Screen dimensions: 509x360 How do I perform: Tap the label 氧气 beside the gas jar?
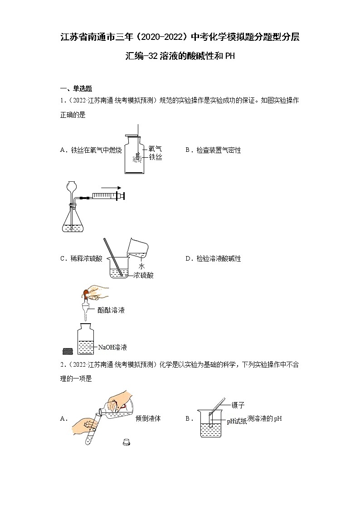(x=155, y=149)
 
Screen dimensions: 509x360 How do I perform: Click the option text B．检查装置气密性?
(x=213, y=150)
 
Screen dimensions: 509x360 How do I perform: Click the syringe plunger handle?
(x=121, y=196)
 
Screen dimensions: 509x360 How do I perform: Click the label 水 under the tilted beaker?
(x=141, y=266)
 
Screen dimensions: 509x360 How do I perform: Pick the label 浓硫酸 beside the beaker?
(x=143, y=275)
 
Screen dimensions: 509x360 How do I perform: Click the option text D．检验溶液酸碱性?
(x=213, y=258)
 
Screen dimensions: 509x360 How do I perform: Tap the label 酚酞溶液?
(x=111, y=310)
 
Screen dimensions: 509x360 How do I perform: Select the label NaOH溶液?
(x=112, y=347)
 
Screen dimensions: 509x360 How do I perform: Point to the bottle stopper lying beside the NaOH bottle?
(x=67, y=350)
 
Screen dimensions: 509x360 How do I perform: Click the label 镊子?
(x=238, y=405)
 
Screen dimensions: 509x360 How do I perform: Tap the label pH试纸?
(x=237, y=421)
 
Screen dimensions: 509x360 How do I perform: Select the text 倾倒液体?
(x=148, y=418)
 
